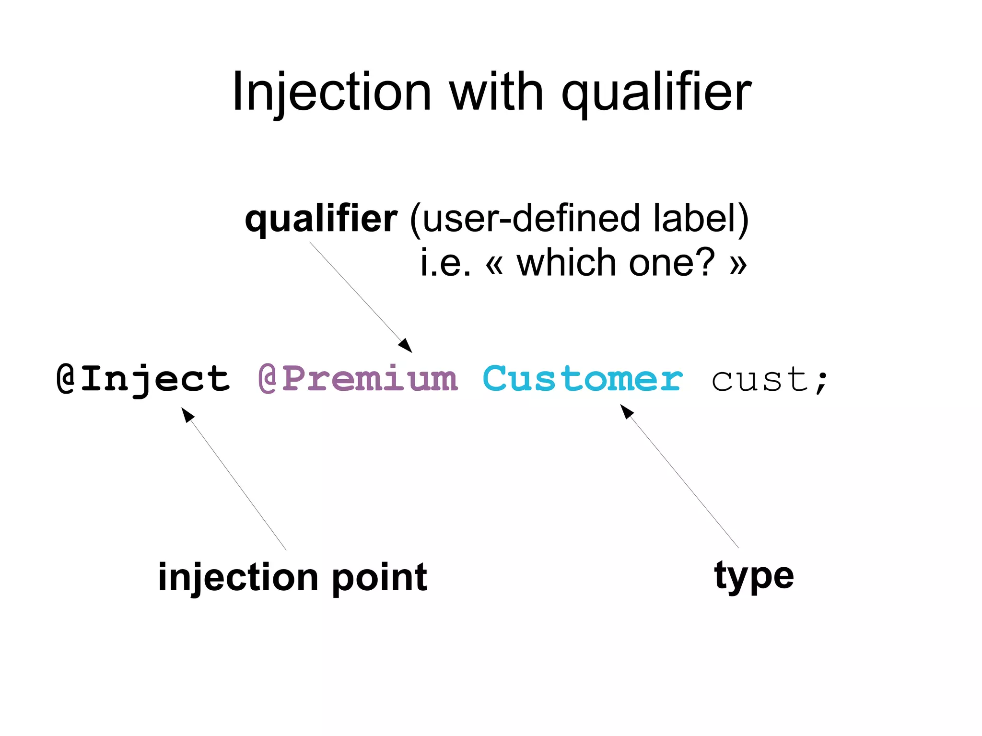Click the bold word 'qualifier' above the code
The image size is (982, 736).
[321, 219]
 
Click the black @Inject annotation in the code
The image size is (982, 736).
[143, 379]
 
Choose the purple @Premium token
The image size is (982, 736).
[358, 379]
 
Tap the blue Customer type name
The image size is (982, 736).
[582, 379]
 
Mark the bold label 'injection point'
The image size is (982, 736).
[292, 577]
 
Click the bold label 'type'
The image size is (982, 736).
[754, 576]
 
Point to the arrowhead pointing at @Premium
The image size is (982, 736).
[406, 346]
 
